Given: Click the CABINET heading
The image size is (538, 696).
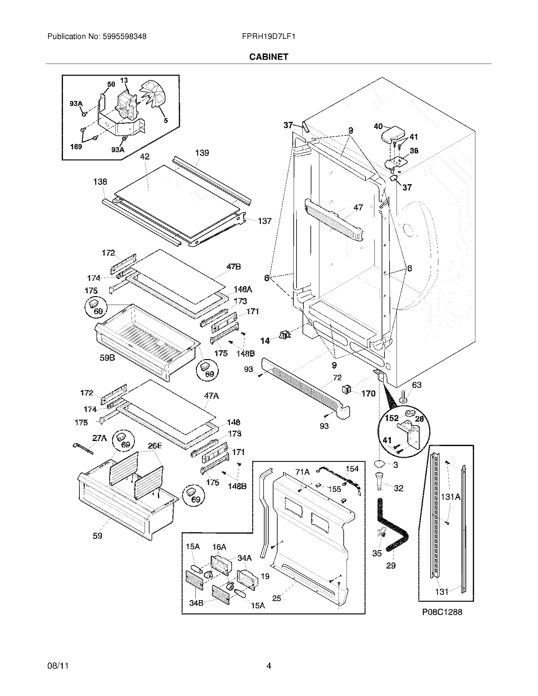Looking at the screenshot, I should pos(268,57).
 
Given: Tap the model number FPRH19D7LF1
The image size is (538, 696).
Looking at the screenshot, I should pos(268,37).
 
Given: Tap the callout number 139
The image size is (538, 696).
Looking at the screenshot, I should pos(202,153).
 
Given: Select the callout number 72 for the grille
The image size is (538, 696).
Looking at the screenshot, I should pos(337,378).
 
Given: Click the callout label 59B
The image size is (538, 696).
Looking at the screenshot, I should pos(107,358).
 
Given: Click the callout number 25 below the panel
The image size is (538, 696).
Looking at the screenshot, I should pos(277,598).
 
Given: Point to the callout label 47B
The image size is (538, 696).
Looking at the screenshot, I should pos(233,267).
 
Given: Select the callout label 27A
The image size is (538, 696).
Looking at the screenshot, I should pos(99,438).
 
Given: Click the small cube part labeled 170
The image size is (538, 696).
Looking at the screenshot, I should pos(347,389).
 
